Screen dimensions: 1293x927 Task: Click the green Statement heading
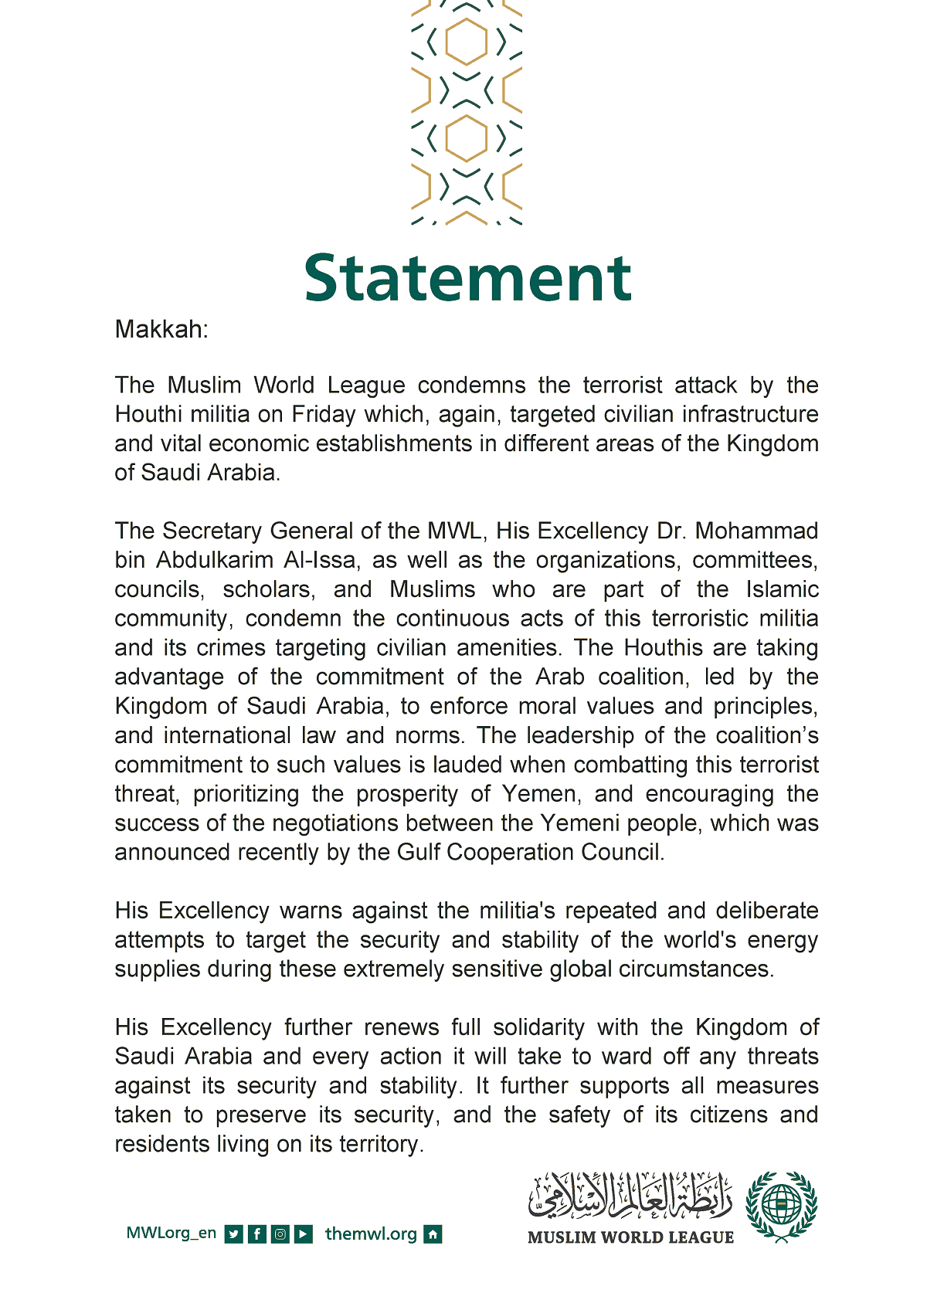[x=467, y=278]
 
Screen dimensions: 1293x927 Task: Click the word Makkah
[x=160, y=330]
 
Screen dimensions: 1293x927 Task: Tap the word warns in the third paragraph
[x=311, y=911]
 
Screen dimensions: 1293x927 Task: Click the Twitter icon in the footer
[x=233, y=1234]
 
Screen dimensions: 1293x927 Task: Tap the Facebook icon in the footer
[x=257, y=1234]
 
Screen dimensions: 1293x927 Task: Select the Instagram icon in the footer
[x=280, y=1234]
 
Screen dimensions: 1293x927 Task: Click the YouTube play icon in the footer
[x=304, y=1234]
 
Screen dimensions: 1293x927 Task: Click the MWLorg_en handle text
[x=171, y=1234]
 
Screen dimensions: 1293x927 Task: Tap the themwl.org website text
[x=371, y=1234]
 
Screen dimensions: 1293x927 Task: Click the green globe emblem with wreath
[x=781, y=1206]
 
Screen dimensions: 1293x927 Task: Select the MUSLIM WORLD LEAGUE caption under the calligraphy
[x=630, y=1237]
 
